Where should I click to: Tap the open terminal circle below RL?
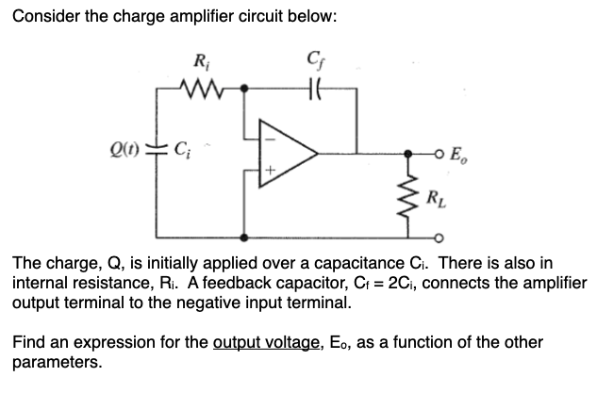point(440,237)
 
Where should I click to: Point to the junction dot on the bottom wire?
point(246,237)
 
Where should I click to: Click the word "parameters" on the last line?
point(55,362)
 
